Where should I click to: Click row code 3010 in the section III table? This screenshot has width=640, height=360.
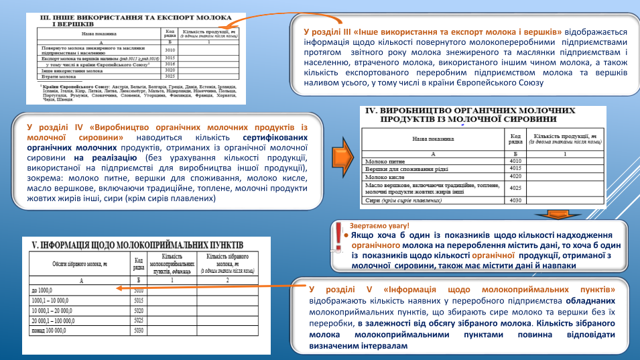(x=170, y=50)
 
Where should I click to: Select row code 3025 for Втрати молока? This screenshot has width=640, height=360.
(x=170, y=76)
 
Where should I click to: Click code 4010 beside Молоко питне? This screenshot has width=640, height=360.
(x=515, y=162)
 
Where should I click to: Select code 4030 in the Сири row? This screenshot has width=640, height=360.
(x=515, y=200)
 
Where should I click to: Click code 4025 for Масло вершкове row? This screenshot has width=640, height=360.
(x=515, y=188)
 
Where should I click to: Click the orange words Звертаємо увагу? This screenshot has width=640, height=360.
(x=379, y=226)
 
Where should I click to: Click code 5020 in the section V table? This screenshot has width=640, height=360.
(x=139, y=311)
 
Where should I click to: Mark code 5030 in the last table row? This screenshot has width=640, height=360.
(x=139, y=331)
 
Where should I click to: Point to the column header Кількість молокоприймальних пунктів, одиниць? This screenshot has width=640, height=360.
(x=172, y=264)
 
